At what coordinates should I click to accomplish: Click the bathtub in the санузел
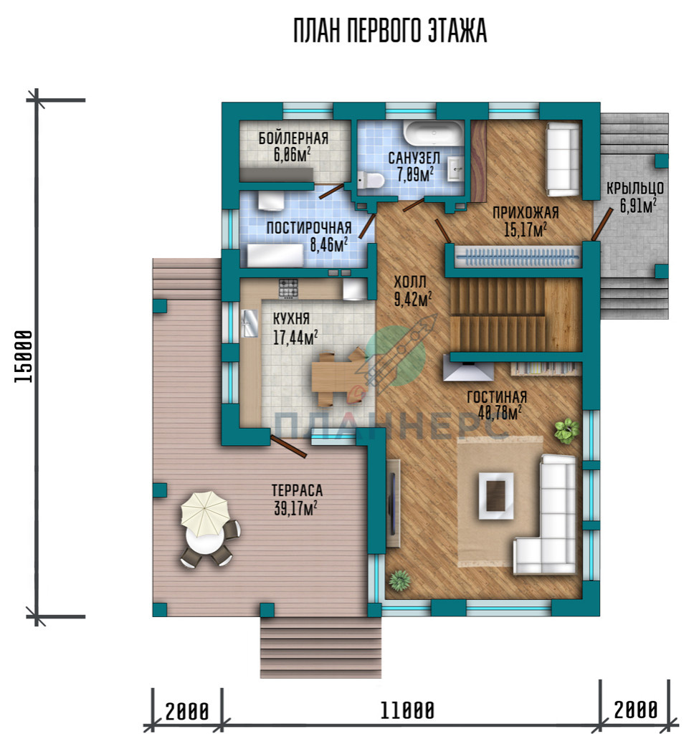434,133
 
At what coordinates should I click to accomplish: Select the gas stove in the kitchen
288,289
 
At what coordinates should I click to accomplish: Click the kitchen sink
249,324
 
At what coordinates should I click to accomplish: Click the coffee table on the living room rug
496,495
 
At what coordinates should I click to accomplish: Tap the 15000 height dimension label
24,356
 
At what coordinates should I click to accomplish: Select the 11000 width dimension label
407,710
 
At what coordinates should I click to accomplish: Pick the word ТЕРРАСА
297,490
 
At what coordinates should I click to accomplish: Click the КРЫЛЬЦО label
635,189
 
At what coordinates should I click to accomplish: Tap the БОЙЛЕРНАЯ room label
293,138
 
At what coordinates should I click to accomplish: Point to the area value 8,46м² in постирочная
329,245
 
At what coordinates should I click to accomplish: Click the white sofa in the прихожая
563,160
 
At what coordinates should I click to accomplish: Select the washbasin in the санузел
455,168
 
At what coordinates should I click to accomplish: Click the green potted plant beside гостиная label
567,430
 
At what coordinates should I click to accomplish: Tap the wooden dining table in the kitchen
335,376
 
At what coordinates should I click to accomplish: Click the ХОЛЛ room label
410,282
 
